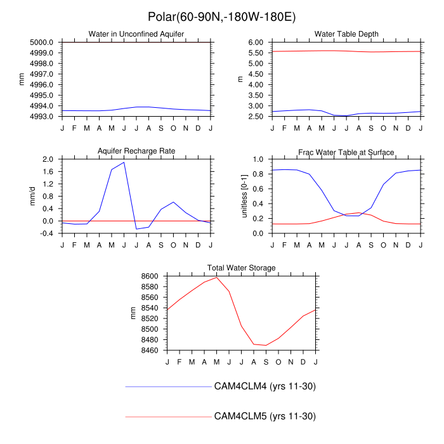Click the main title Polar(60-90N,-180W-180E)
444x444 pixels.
click(x=222, y=16)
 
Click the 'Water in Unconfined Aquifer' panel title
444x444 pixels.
click(x=136, y=34)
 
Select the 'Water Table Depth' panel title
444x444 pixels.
click(x=346, y=34)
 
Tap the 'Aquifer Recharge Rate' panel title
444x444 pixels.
click(x=136, y=151)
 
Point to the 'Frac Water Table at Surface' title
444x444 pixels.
click(x=346, y=152)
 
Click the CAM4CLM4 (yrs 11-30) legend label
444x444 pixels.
click(x=265, y=386)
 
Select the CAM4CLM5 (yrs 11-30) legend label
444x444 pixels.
click(x=265, y=416)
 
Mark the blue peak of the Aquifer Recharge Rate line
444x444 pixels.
click(x=124, y=162)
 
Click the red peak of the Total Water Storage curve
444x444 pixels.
click(x=217, y=277)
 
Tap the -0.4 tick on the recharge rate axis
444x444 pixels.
click(x=46, y=233)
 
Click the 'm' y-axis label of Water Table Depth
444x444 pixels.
click(x=240, y=79)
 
